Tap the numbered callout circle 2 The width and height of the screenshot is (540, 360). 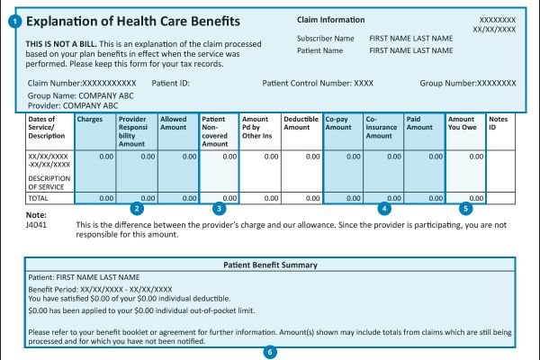point(136,208)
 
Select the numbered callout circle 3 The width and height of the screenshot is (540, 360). point(219,208)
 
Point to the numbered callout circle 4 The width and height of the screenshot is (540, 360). point(384,208)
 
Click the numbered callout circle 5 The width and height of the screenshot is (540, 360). point(465,208)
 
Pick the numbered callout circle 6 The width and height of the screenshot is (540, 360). point(269,352)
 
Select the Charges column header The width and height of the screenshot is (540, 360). point(90,119)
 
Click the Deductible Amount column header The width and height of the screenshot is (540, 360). point(301,124)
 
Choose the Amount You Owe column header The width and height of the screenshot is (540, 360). point(463,124)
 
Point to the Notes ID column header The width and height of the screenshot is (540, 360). point(499,124)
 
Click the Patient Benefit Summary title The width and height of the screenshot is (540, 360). point(269,265)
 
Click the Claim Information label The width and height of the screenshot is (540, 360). point(331,20)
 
